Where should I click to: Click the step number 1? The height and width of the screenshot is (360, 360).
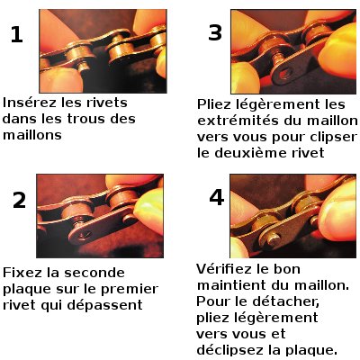tap(17, 36)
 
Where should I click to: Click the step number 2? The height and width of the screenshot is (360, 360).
tap(20, 201)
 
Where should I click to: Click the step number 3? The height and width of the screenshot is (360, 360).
tap(214, 34)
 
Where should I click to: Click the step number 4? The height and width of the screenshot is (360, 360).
tap(215, 198)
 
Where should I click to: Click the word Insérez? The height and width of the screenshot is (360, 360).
tap(31, 103)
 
